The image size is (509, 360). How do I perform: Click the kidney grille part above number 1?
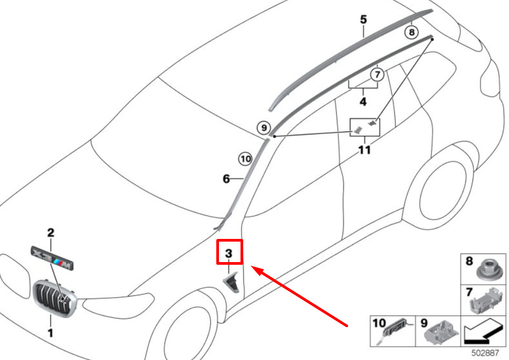pos(54,298)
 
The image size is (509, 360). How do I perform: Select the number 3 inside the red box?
pos(229,253)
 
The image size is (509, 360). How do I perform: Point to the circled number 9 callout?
pos(264,128)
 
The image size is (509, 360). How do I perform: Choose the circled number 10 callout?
pos(245,159)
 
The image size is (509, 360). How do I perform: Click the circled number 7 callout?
pos(377,75)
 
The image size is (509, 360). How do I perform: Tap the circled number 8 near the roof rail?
pos(412,32)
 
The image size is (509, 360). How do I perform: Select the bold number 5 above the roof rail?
pos(364,19)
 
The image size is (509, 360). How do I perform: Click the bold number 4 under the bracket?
pos(363,102)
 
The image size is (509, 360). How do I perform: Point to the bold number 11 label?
pos(364,150)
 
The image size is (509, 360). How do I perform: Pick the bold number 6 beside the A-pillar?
pos(227,179)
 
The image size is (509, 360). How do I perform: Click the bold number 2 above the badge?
pos(51,232)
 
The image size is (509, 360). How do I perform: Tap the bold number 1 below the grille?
pos(51,333)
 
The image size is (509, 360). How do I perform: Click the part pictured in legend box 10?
pos(397,332)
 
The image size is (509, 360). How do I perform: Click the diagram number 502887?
pos(485,352)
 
